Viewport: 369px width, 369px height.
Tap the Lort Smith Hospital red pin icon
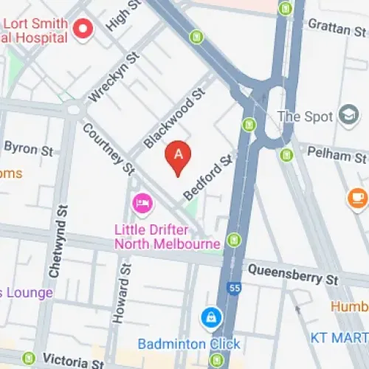(x=84, y=30)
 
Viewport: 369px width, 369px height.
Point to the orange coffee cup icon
(x=358, y=197)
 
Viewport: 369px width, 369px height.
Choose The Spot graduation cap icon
(x=348, y=116)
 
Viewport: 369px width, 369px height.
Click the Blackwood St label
(x=173, y=118)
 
